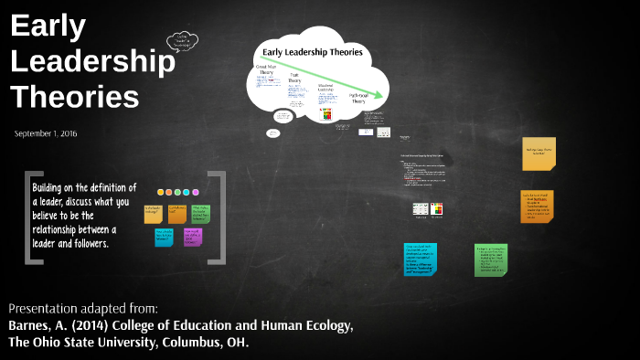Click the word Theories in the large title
[75, 96]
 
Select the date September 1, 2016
[46, 133]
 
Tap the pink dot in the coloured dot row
[169, 193]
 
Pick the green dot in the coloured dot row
[186, 193]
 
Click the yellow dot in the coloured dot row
[161, 193]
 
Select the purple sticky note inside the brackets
[192, 237]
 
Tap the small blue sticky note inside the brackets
[164, 237]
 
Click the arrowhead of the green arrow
[384, 93]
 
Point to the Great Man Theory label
[266, 70]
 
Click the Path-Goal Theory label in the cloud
[357, 97]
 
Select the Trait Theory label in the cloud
[294, 79]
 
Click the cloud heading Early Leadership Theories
[312, 52]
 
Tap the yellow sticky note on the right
[539, 154]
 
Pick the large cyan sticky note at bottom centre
[420, 261]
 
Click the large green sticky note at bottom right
[495, 259]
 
